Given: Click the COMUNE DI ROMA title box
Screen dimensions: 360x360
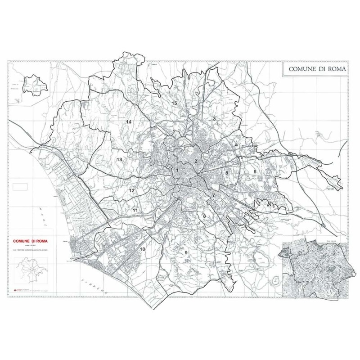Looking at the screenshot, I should coord(315,69).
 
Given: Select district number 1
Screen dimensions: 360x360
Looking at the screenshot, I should coord(178,170).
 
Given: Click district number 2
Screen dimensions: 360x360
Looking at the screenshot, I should coord(196,161).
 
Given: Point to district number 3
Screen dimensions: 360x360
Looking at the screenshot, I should coord(215,119).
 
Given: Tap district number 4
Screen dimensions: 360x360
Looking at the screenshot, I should coord(236,145).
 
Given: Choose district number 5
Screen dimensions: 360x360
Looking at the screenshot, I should coord(227,172).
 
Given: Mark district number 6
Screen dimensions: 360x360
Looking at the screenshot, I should coord(255,171).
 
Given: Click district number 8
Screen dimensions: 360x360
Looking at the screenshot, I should coord(204,216).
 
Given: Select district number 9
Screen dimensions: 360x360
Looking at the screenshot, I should coord(185,253).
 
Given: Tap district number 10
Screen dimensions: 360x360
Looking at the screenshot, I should coord(143,249).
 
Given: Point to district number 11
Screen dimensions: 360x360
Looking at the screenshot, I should coord(135,210).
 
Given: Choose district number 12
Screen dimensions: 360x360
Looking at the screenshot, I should coord(132,190).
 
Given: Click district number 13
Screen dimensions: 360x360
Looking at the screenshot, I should coord(119,160).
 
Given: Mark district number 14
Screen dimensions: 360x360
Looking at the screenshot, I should coord(129,122).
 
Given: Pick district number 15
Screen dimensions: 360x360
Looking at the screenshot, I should coord(175,103).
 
